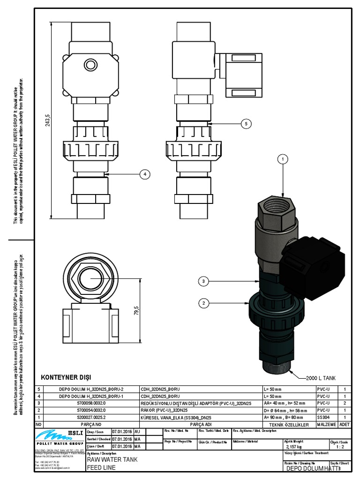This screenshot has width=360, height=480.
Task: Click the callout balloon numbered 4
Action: point(145,174)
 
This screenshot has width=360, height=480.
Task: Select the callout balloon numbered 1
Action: point(283,160)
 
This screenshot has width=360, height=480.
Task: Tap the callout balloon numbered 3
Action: point(203,281)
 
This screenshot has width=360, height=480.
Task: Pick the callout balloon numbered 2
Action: point(203,303)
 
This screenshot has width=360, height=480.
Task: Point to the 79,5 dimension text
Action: point(136,310)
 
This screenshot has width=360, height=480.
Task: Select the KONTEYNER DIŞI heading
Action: point(66,377)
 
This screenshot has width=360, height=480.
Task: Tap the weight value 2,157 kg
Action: point(293,447)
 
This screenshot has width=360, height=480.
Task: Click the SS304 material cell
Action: point(323,416)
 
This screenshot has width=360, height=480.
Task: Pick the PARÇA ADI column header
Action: point(201,424)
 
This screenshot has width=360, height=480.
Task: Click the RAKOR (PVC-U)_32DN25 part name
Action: point(165,410)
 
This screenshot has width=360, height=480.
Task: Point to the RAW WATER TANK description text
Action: point(112,460)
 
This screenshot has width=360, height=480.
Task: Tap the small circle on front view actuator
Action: point(89,64)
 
